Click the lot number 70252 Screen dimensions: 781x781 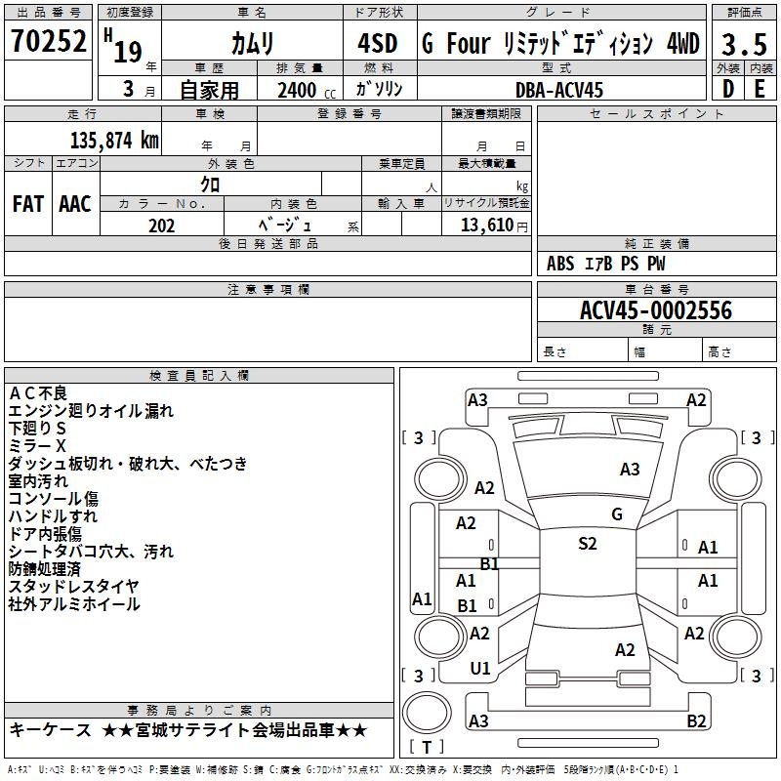tap(48, 44)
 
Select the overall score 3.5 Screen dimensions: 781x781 tap(744, 45)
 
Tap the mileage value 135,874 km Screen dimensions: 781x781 tap(113, 140)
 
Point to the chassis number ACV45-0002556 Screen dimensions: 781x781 tap(655, 310)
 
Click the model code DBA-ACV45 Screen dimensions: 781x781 tap(559, 90)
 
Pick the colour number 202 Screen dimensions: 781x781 tap(161, 226)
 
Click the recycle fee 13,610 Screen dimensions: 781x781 tap(485, 226)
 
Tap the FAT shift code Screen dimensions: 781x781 tap(28, 203)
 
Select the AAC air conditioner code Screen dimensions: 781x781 tap(74, 203)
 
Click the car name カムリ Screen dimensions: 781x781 tap(252, 45)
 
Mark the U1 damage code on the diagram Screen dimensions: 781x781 tap(480, 669)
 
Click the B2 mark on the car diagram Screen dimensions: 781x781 tap(696, 721)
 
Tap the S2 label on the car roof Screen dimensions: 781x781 tap(587, 544)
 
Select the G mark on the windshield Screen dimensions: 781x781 tap(616, 514)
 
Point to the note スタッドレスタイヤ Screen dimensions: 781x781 tap(73, 586)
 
